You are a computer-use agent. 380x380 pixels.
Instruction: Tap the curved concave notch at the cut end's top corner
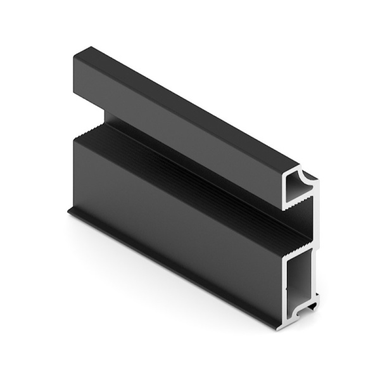tap(309, 175)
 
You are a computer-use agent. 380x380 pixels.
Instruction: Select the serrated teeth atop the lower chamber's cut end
tap(298, 243)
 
